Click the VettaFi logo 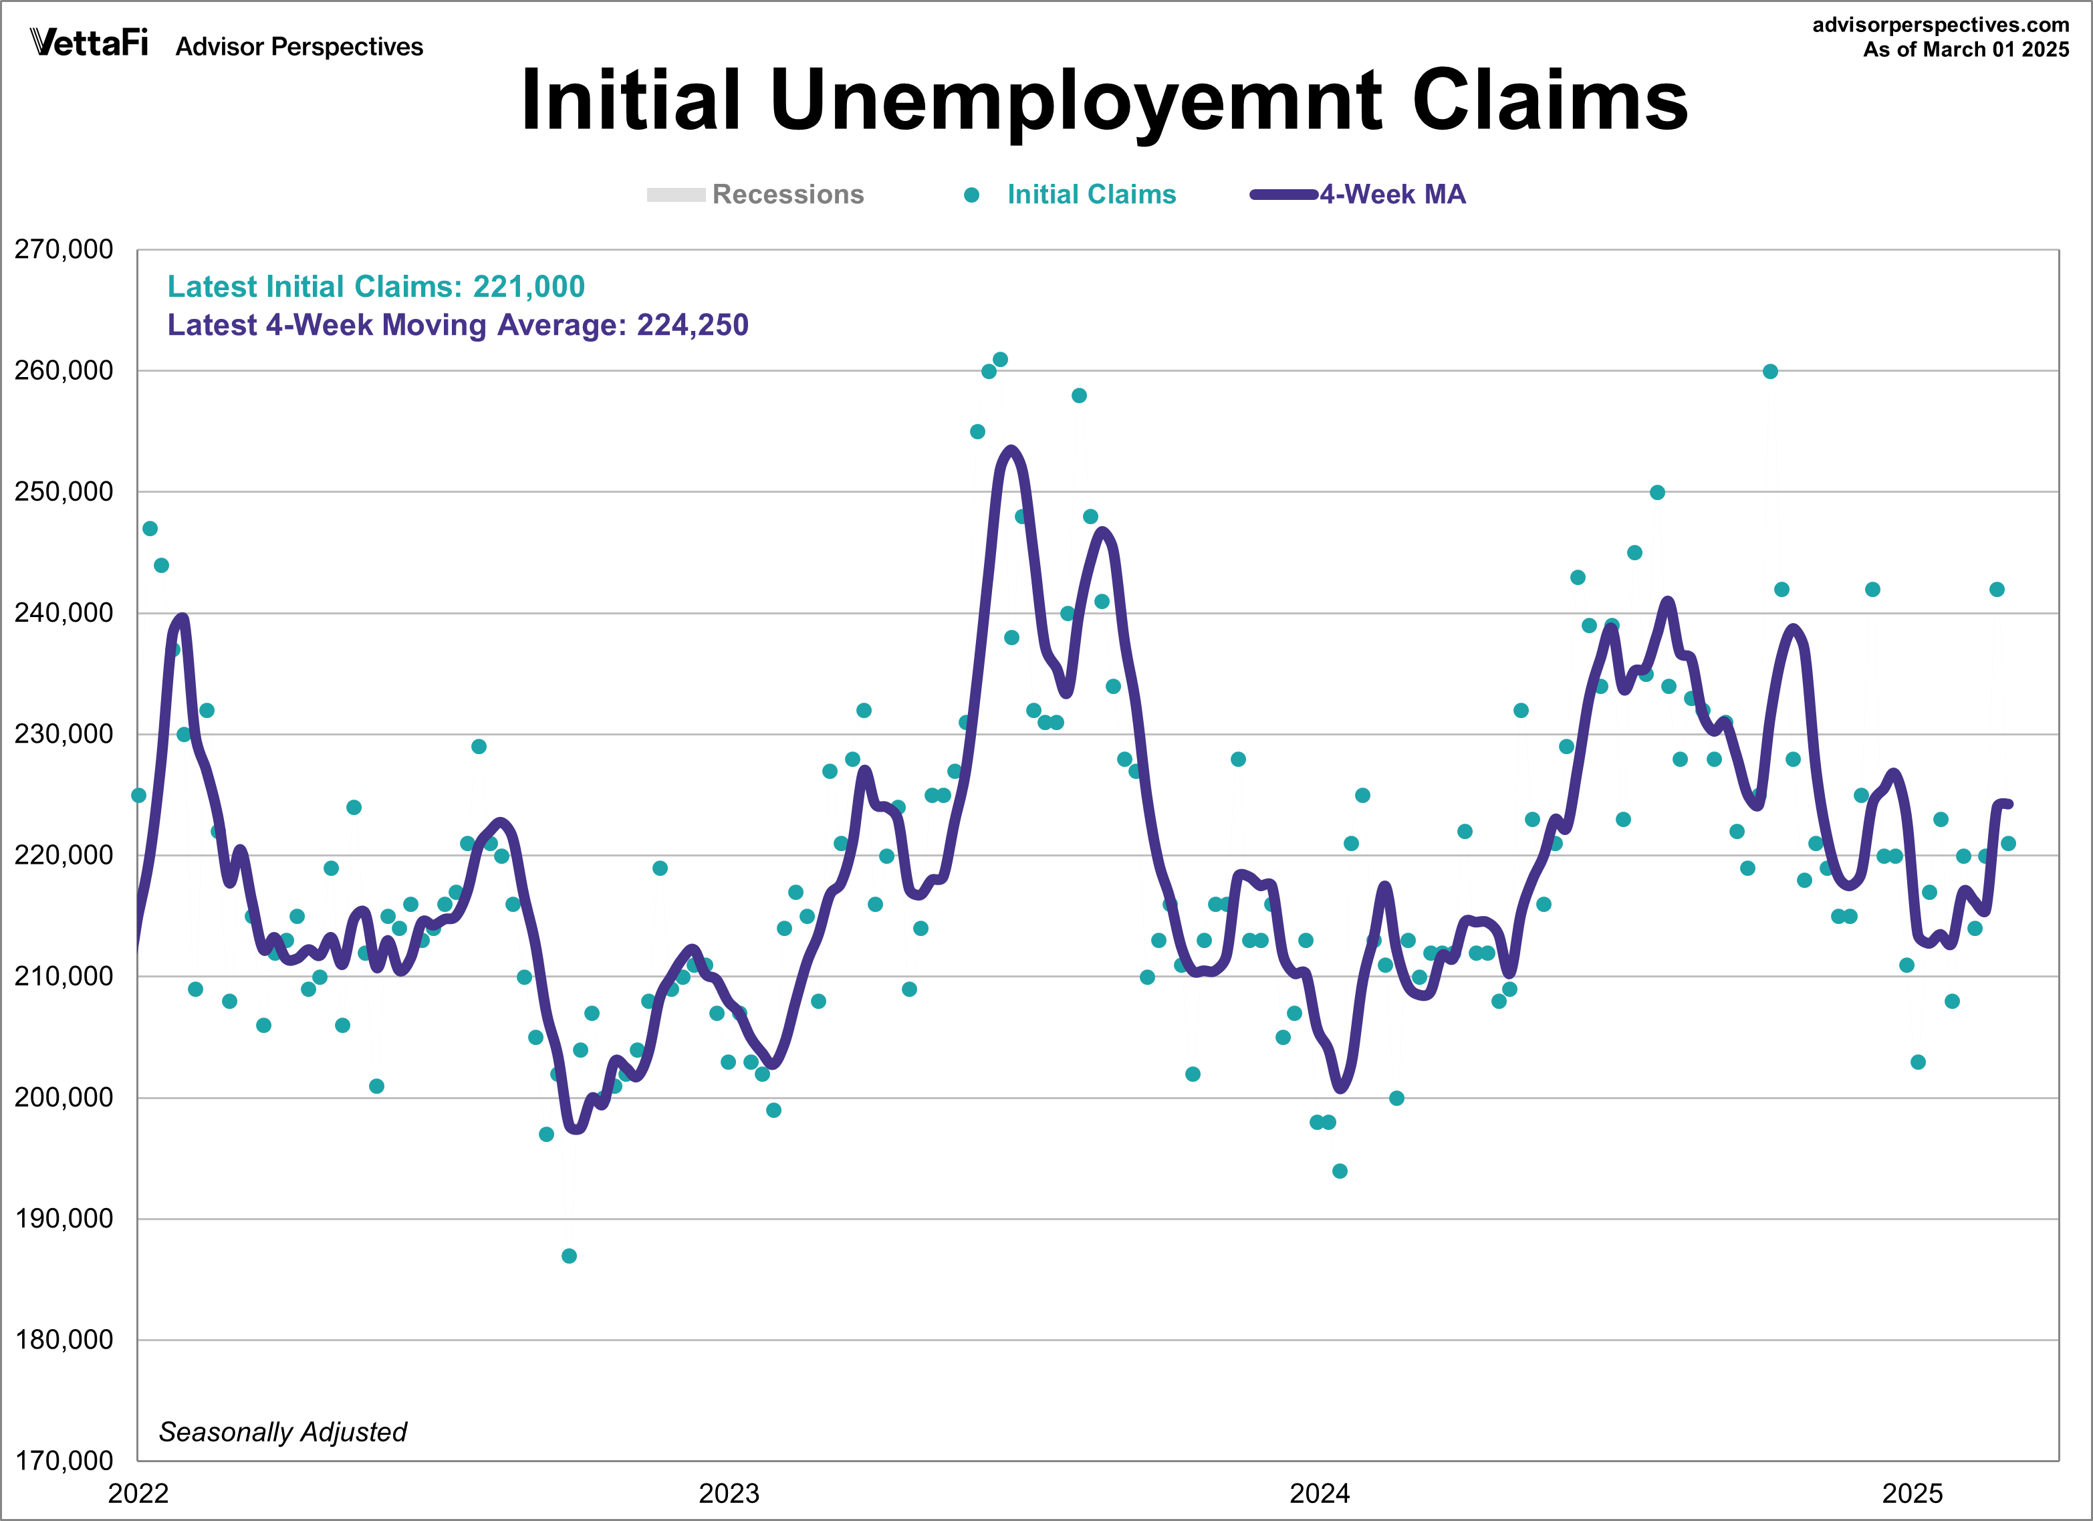pos(89,43)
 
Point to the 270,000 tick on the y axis pos(64,249)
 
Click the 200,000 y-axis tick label pos(64,1097)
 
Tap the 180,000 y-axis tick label pos(64,1340)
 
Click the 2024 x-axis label pos(1319,1494)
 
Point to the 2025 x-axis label pos(1912,1494)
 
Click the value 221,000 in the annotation pos(529,287)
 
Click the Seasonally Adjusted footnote pos(282,1432)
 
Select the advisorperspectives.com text pos(1940,25)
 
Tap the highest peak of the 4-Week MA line pos(1011,451)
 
